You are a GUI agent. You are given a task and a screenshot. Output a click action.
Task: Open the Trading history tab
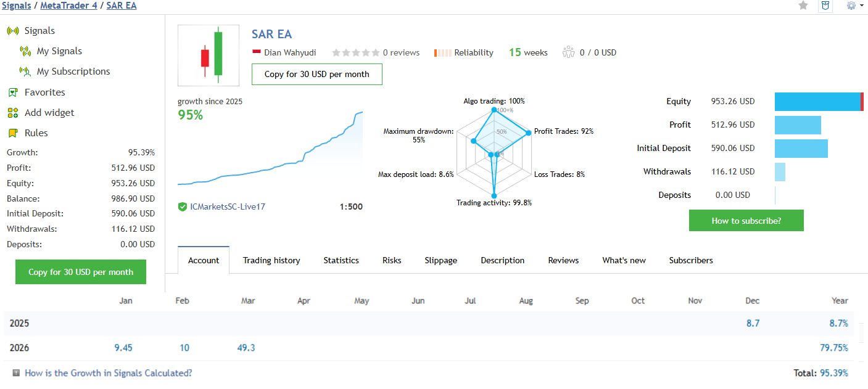point(271,260)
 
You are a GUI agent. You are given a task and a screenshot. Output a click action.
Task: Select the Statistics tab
point(341,260)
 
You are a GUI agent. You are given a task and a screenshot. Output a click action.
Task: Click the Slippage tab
point(441,260)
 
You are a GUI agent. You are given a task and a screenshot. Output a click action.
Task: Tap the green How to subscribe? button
point(746,221)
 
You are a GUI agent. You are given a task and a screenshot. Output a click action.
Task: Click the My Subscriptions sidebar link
point(73,72)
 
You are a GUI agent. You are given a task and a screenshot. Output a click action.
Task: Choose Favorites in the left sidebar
point(44,92)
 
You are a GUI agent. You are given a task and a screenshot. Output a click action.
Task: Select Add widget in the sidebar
point(49,113)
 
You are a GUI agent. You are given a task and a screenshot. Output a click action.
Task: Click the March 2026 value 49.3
point(246,348)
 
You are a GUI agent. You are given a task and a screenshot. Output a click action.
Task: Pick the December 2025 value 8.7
point(753,323)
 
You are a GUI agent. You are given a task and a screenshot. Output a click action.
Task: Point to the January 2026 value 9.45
point(123,348)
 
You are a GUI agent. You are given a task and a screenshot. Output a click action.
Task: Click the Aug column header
point(526,301)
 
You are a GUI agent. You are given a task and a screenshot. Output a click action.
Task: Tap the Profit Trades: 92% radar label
point(564,131)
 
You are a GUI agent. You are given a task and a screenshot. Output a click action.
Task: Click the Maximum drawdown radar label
point(418,135)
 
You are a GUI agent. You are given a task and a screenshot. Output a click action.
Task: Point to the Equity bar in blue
point(817,102)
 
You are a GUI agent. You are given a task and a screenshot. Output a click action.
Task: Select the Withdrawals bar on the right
point(780,172)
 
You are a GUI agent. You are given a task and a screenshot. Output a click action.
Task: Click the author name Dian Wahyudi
point(290,53)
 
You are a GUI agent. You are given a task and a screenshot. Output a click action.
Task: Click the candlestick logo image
point(209,55)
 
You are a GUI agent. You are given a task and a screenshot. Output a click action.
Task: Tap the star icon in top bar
point(803,6)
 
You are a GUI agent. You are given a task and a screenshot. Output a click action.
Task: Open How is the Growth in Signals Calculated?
point(108,373)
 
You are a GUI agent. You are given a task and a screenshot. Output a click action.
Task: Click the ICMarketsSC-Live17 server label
point(228,207)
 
